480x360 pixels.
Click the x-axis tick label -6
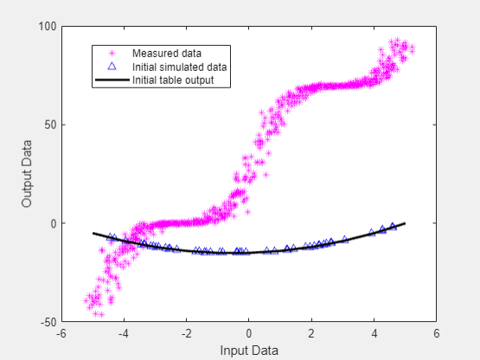coord(61,333)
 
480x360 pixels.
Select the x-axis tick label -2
coord(186,333)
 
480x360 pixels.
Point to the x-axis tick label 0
coord(249,333)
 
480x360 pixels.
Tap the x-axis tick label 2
coord(311,333)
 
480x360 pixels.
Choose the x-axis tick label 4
coord(374,333)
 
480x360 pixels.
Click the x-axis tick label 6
coord(437,333)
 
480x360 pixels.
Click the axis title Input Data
coord(249,350)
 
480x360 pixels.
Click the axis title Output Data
coord(28,174)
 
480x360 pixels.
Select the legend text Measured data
coord(161,54)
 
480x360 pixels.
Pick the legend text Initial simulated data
coord(179,67)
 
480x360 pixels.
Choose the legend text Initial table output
coord(173,80)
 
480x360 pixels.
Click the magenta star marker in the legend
coord(111,54)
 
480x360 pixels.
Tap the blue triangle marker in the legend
coord(111,67)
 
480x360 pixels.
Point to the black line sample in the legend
coord(111,80)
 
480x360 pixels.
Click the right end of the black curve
coord(405,223)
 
